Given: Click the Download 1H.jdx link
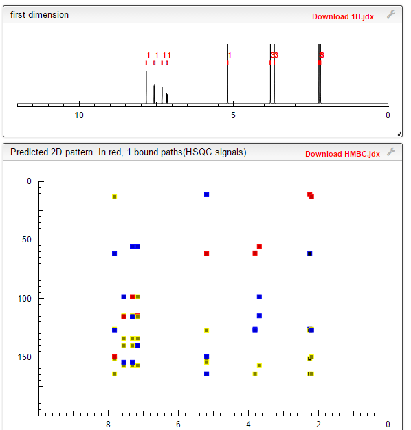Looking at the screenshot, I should point(342,16).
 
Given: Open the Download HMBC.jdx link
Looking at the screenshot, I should point(342,154).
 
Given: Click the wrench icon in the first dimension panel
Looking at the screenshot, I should point(391,14).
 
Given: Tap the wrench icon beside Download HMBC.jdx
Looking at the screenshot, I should point(391,152).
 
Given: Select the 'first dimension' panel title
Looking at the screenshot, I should point(39,15).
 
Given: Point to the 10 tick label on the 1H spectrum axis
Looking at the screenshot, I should point(79,115).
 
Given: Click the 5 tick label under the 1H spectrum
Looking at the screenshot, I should point(233,115).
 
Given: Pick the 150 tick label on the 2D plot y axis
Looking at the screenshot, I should point(25,357).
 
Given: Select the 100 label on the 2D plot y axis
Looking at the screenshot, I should point(25,299).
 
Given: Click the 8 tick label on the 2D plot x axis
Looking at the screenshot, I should point(108,424).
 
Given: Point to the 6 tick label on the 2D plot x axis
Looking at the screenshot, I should point(178,424).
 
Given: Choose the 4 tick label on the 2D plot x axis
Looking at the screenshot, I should point(248,424).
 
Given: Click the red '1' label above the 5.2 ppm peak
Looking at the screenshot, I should point(230,55).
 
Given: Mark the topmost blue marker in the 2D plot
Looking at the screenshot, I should point(206,195).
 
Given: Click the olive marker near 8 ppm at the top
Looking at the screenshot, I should point(114,196).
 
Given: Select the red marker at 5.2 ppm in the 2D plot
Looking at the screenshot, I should point(206,253).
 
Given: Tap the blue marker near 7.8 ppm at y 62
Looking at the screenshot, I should point(114,253).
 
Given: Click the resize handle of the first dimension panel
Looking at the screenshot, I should point(399,133).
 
